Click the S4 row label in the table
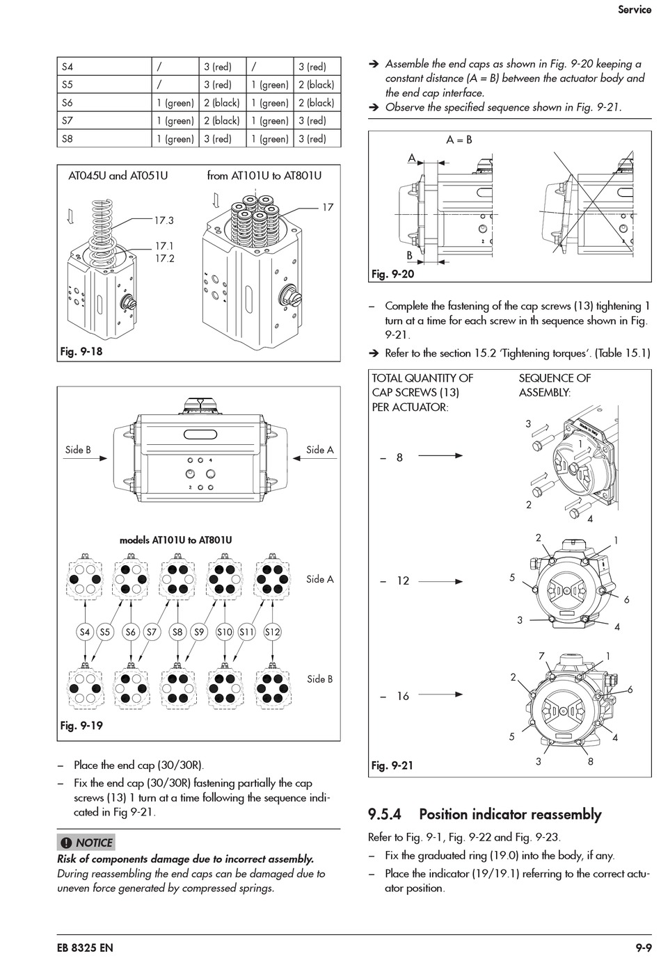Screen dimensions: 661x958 click(x=67, y=67)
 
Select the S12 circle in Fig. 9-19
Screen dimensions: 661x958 click(x=272, y=632)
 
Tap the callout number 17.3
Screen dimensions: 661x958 click(x=164, y=220)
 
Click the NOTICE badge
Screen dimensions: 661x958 click(x=86, y=843)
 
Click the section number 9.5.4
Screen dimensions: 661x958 click(x=385, y=815)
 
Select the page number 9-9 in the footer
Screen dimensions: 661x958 click(x=644, y=948)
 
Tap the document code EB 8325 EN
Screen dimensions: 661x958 click(x=85, y=948)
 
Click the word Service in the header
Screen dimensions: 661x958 click(x=635, y=10)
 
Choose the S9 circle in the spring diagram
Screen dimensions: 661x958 click(x=199, y=632)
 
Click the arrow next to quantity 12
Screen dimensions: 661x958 click(x=440, y=582)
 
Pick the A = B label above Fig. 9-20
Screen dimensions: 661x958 click(x=459, y=140)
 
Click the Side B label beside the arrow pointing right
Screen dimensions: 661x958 click(x=78, y=450)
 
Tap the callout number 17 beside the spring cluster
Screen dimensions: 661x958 click(x=328, y=207)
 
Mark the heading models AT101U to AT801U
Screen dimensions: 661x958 click(x=175, y=540)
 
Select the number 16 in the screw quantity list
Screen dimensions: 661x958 click(x=403, y=697)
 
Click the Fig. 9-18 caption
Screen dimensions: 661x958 click(x=81, y=352)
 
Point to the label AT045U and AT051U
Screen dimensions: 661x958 click(x=118, y=176)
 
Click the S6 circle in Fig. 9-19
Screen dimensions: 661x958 click(x=131, y=632)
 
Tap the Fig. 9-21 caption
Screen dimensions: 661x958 click(x=392, y=765)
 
